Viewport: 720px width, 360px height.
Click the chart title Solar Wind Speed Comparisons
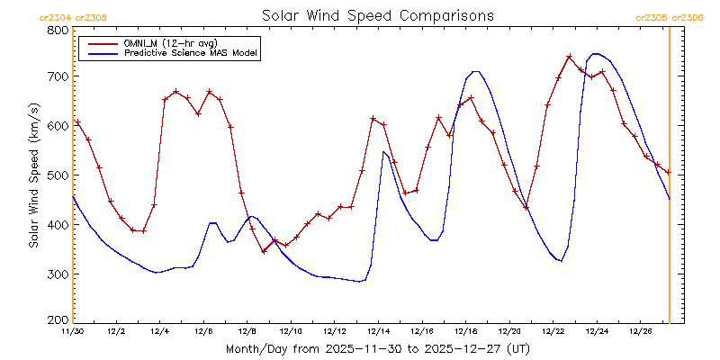377,15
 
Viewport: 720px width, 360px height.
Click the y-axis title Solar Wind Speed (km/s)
33,175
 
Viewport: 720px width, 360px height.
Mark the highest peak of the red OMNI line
570,57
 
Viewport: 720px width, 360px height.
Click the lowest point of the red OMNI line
264,251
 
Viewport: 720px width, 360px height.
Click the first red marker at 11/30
77,121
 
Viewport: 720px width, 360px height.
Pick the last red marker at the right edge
668,172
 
